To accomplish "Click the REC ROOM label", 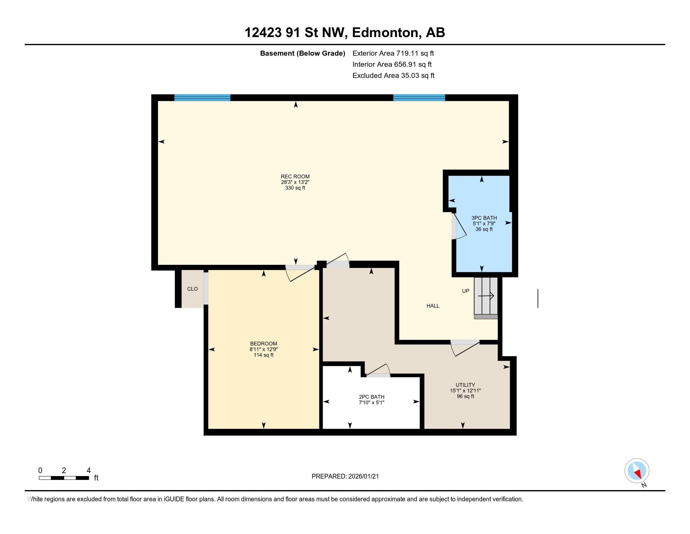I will [295, 177].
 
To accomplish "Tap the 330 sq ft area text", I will [295, 188].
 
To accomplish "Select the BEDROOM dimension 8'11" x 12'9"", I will [263, 349].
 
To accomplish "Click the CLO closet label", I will [192, 289].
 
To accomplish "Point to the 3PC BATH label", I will [484, 218].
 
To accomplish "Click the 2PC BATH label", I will [372, 397].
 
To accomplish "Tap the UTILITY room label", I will [465, 385].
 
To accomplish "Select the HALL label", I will [433, 306].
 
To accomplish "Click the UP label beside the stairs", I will [465, 291].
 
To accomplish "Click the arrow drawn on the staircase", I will [486, 296].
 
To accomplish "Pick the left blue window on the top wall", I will [202, 97].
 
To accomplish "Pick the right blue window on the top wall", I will [419, 97].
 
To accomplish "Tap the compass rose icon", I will [637, 471].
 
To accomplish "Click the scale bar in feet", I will [64, 478].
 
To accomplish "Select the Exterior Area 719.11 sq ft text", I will [393, 53].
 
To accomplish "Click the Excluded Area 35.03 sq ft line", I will [393, 75].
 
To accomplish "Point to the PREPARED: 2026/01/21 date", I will [345, 477].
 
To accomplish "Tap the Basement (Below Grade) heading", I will [302, 53].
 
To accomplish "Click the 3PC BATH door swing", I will [460, 227].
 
